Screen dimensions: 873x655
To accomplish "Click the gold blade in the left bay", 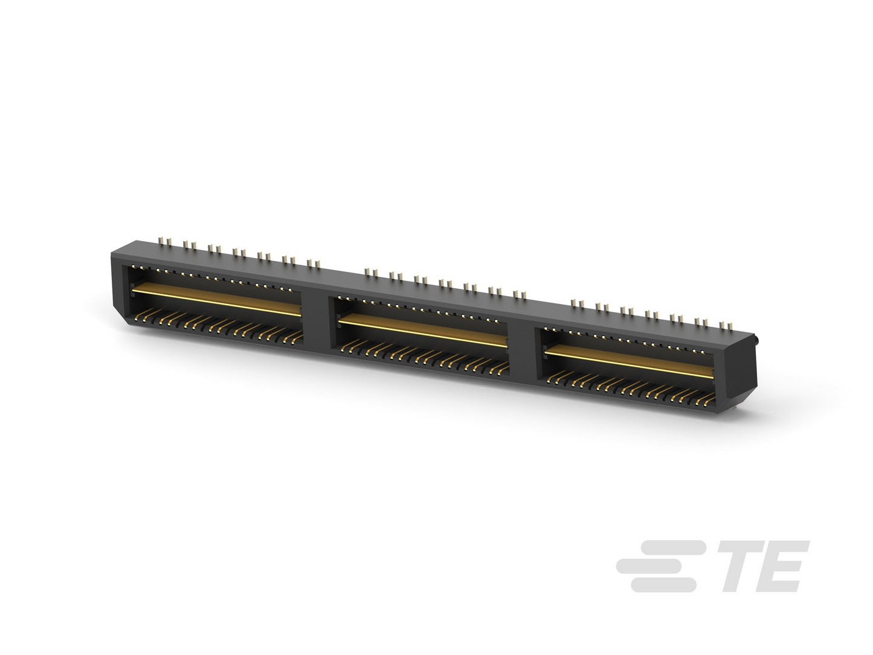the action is click(216, 300).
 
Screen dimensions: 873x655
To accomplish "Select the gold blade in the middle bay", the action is click(422, 330).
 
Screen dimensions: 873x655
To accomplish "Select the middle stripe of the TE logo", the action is click(659, 566).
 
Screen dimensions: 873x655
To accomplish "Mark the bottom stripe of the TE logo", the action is click(663, 585).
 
